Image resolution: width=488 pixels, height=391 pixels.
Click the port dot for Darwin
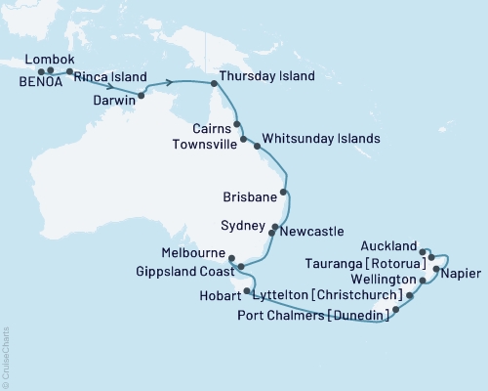coord(143,95)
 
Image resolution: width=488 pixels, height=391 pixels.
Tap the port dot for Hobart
coord(247,291)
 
